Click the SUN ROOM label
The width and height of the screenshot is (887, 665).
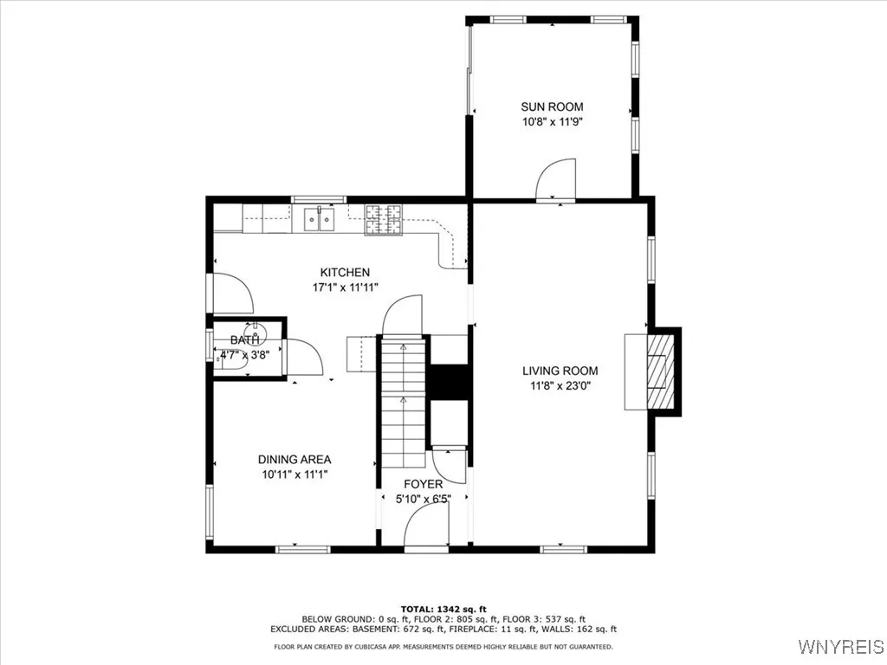click(x=552, y=107)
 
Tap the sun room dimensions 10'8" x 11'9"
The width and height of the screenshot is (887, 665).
click(x=552, y=122)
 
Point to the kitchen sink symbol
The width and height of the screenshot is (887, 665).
click(x=319, y=220)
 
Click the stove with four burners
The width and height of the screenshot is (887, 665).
click(x=384, y=219)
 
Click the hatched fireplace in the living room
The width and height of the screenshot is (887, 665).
click(x=660, y=371)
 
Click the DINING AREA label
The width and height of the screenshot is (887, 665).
click(x=295, y=460)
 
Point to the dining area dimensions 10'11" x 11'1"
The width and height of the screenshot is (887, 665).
click(x=295, y=475)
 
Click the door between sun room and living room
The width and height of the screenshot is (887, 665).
click(x=556, y=180)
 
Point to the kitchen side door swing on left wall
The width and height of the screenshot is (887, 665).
click(x=230, y=293)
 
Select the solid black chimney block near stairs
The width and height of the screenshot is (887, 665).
click(x=450, y=382)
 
